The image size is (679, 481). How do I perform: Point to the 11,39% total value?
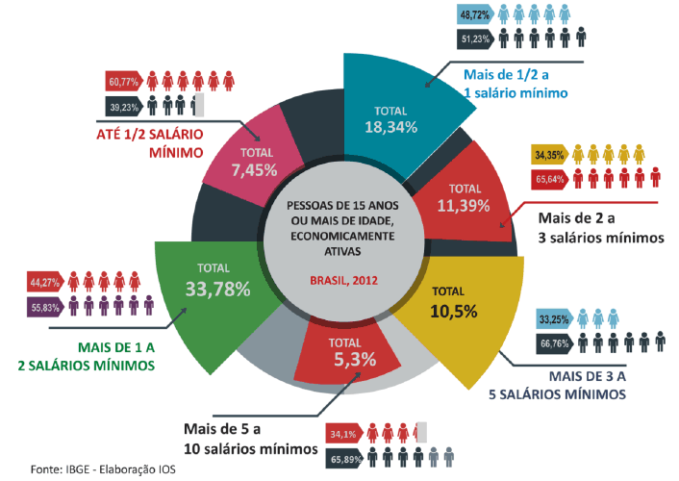click(x=465, y=205)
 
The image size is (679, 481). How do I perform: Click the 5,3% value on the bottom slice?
click(x=349, y=360)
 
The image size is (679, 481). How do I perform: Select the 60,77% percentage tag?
click(x=123, y=81)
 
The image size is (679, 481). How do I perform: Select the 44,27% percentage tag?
click(x=44, y=283)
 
